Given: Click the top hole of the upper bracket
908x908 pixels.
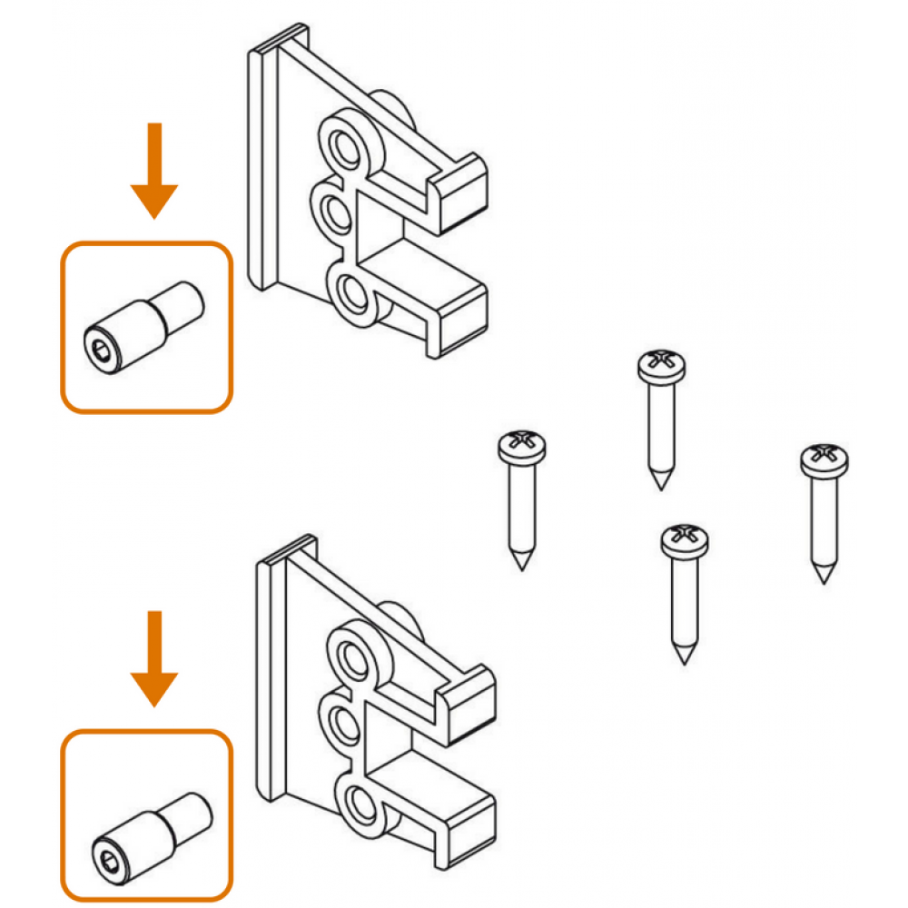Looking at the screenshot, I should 344,144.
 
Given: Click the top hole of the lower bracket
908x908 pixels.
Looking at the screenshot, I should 351,654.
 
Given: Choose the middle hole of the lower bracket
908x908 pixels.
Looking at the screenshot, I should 344,724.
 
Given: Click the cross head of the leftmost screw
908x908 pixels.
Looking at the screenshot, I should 522,445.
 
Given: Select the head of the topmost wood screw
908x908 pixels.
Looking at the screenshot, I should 662,364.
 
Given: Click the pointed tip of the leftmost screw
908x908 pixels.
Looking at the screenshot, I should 521,563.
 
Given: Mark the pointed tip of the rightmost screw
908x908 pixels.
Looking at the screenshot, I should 824,576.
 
